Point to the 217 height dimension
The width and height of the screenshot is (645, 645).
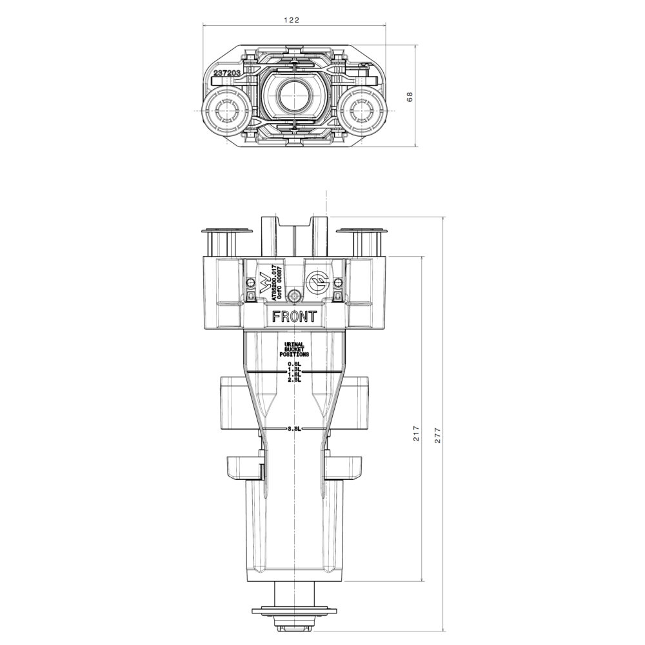(x=416, y=433)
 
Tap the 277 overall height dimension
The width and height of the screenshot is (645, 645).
(x=438, y=433)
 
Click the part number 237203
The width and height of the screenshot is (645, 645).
(x=227, y=74)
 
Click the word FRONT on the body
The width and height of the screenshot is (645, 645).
(x=294, y=317)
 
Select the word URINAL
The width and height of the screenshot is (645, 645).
(x=294, y=344)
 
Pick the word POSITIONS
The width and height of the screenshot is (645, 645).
(x=294, y=355)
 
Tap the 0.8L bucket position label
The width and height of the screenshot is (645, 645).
(x=294, y=364)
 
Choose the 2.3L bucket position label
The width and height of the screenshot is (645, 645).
(x=294, y=380)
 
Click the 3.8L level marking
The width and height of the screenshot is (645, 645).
(x=294, y=428)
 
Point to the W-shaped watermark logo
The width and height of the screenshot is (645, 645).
(x=264, y=284)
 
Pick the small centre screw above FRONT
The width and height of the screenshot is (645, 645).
(x=294, y=296)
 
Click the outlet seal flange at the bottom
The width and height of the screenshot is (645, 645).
(x=294, y=610)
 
